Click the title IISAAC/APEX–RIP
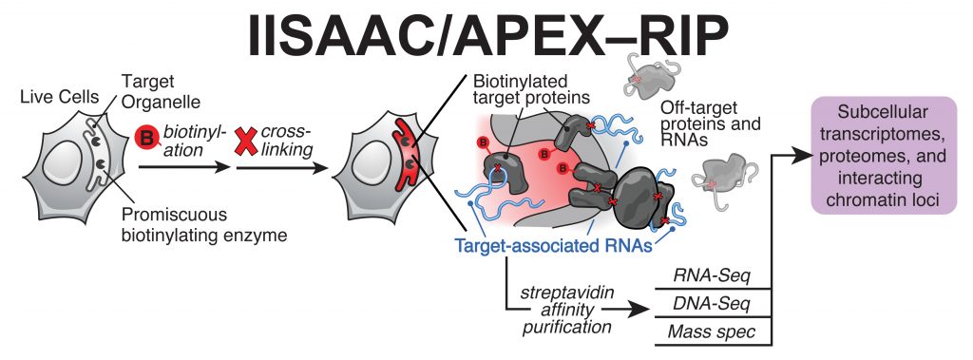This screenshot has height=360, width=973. (486, 41)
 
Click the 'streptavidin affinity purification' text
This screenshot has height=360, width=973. (565, 304)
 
